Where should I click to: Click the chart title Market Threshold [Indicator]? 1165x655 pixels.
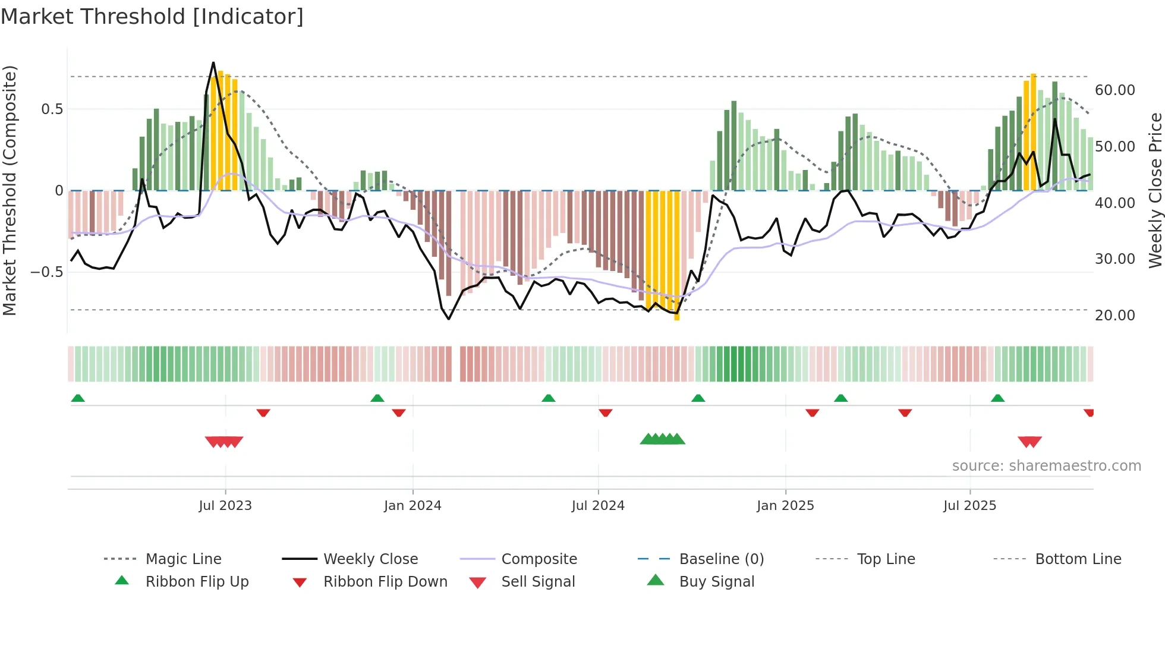152,17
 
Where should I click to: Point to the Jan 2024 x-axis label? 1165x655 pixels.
413,506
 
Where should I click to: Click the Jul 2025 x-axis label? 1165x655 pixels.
969,506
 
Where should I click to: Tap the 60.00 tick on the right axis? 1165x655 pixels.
1114,90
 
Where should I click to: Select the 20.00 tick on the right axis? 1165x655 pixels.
1114,316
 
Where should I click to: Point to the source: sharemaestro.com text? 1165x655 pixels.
1046,466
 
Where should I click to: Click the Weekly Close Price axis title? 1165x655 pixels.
1155,190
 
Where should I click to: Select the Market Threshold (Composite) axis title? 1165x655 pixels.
10,190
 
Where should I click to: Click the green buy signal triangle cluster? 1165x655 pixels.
662,439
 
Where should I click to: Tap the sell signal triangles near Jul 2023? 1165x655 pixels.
224,442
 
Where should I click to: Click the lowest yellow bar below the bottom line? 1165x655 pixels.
676,315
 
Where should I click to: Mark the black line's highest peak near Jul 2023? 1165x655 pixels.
213,62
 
